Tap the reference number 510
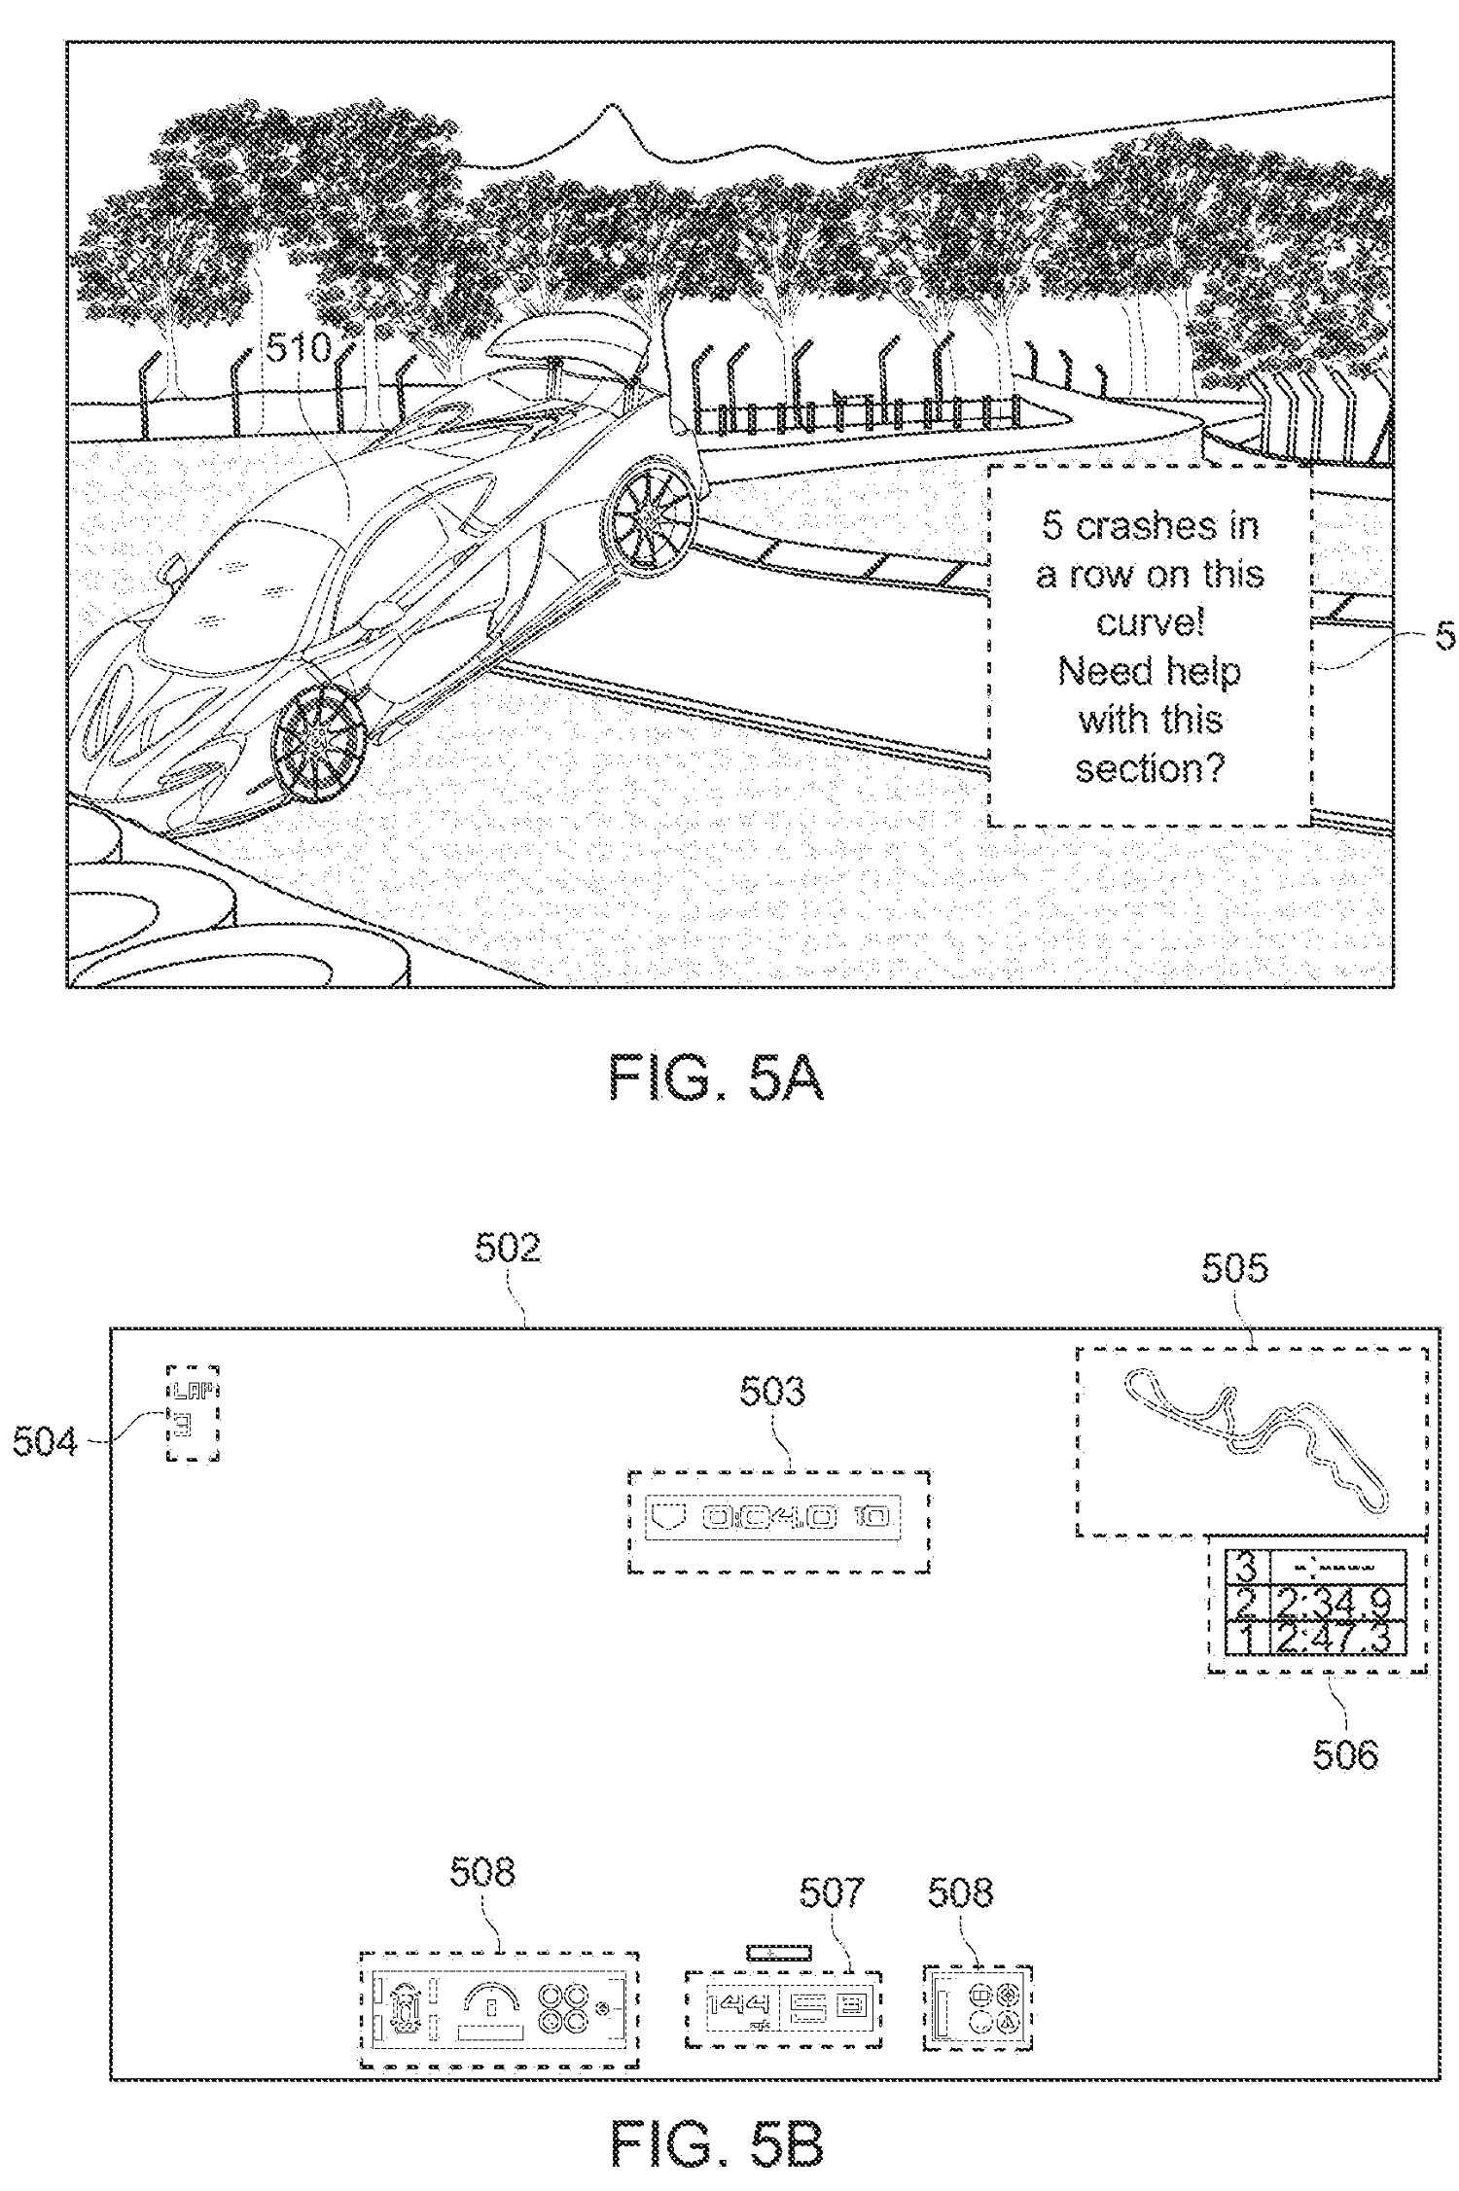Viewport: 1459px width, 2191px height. click(x=299, y=348)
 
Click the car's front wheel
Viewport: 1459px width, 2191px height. click(x=316, y=745)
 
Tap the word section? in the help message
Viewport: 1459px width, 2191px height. click(x=1150, y=769)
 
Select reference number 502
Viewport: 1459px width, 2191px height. click(x=508, y=1248)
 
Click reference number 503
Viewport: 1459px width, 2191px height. click(x=772, y=1392)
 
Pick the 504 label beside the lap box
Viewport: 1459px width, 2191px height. click(x=45, y=1441)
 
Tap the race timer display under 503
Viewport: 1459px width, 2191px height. click(x=778, y=1516)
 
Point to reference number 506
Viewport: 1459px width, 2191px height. click(x=1345, y=1755)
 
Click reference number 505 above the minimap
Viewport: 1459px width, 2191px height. click(x=1234, y=1267)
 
